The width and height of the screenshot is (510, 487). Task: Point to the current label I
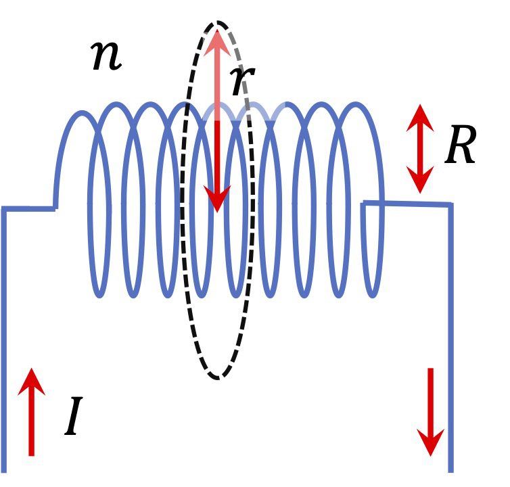74,418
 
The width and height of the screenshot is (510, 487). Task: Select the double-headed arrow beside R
420,149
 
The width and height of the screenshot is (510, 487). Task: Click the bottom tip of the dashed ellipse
218,377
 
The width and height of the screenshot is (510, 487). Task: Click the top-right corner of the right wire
449,204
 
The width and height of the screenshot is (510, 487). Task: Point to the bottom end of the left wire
4,469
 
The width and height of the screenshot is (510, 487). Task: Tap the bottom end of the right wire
450,469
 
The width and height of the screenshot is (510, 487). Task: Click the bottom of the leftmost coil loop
99,294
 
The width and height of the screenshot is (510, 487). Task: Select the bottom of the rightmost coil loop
373,294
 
